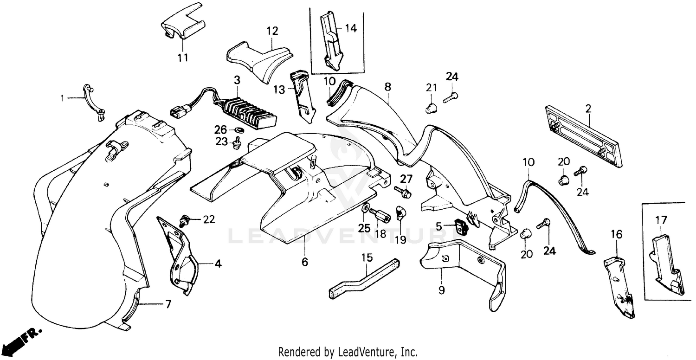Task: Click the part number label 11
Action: [x=183, y=58]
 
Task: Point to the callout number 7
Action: [x=168, y=304]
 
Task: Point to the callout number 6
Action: [x=304, y=262]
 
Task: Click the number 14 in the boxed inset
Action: [x=351, y=28]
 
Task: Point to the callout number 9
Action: [x=441, y=290]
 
